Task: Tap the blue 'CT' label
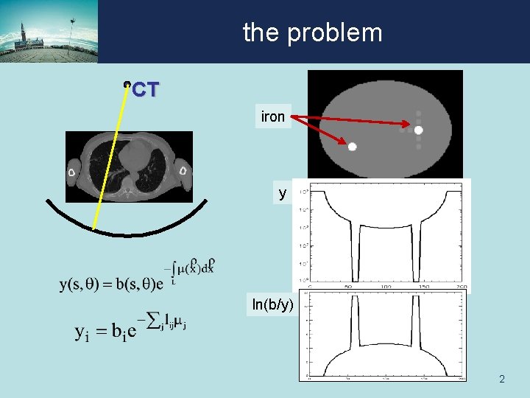145,90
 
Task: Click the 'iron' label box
272,116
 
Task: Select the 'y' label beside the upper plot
282,193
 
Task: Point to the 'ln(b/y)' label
272,304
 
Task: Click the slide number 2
501,380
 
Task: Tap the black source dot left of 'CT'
127,85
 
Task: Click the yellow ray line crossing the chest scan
110,158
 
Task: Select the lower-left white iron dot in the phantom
353,147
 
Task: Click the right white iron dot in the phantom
419,130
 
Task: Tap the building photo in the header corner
49,32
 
